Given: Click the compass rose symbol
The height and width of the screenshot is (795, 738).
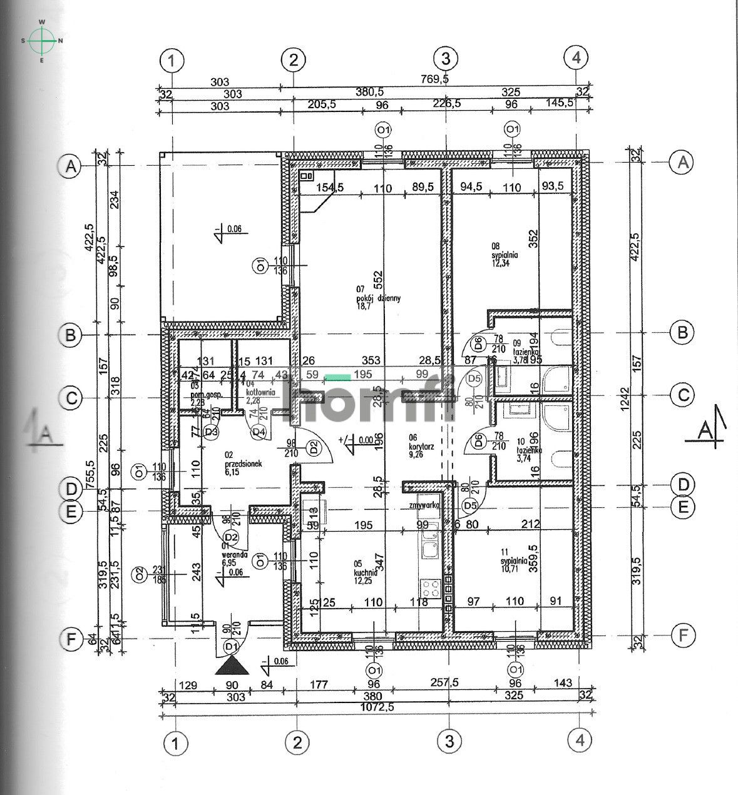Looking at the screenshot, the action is tap(42, 41).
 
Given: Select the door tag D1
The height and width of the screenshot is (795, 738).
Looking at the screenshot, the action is tap(231, 646).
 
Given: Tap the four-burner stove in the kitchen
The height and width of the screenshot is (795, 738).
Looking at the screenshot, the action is tap(430, 588).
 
